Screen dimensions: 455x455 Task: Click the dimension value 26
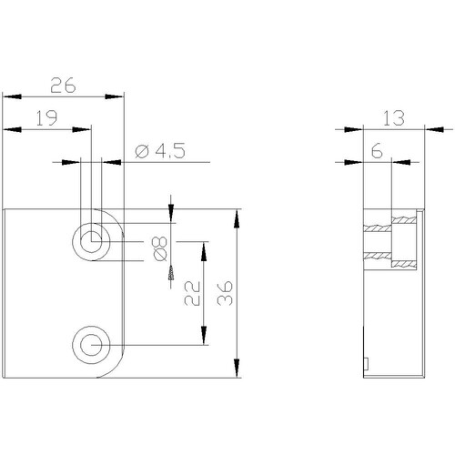click(x=63, y=86)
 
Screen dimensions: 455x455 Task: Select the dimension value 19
click(x=46, y=118)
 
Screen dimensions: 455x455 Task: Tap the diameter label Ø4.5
click(x=160, y=151)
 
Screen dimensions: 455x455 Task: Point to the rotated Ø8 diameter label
click(x=160, y=248)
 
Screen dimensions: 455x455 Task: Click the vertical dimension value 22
click(x=192, y=293)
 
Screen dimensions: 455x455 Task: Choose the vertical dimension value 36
click(x=225, y=293)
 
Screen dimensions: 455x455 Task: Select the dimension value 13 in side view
click(x=393, y=118)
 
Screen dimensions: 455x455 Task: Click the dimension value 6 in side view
click(x=377, y=151)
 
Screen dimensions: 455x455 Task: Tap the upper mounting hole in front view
click(x=91, y=242)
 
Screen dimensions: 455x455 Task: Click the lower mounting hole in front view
click(x=91, y=345)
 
